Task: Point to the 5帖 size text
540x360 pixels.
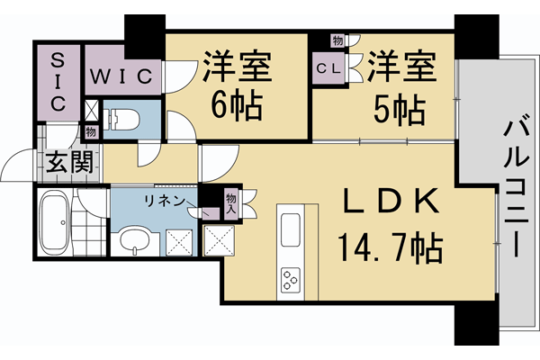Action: coord(399,109)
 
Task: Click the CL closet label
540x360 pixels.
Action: coord(328,67)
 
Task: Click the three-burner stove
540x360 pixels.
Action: coord(293,280)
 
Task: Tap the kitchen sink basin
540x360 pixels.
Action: coord(293,229)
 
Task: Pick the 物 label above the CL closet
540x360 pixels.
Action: coord(337,40)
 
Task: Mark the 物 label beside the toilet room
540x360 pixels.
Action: coord(91,131)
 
